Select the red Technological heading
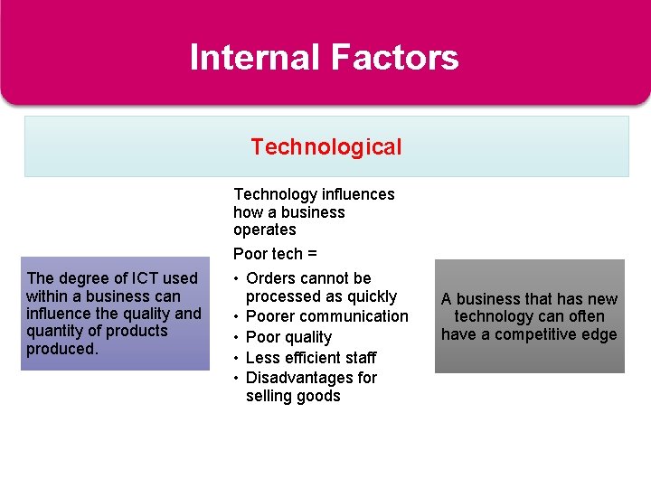[x=325, y=146]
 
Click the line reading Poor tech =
[x=268, y=254]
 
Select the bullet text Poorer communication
[x=326, y=316]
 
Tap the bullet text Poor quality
[x=288, y=337]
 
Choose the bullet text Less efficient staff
[x=310, y=358]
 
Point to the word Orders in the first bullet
[x=271, y=278]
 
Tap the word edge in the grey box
[x=599, y=334]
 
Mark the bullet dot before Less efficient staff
[x=238, y=358]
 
